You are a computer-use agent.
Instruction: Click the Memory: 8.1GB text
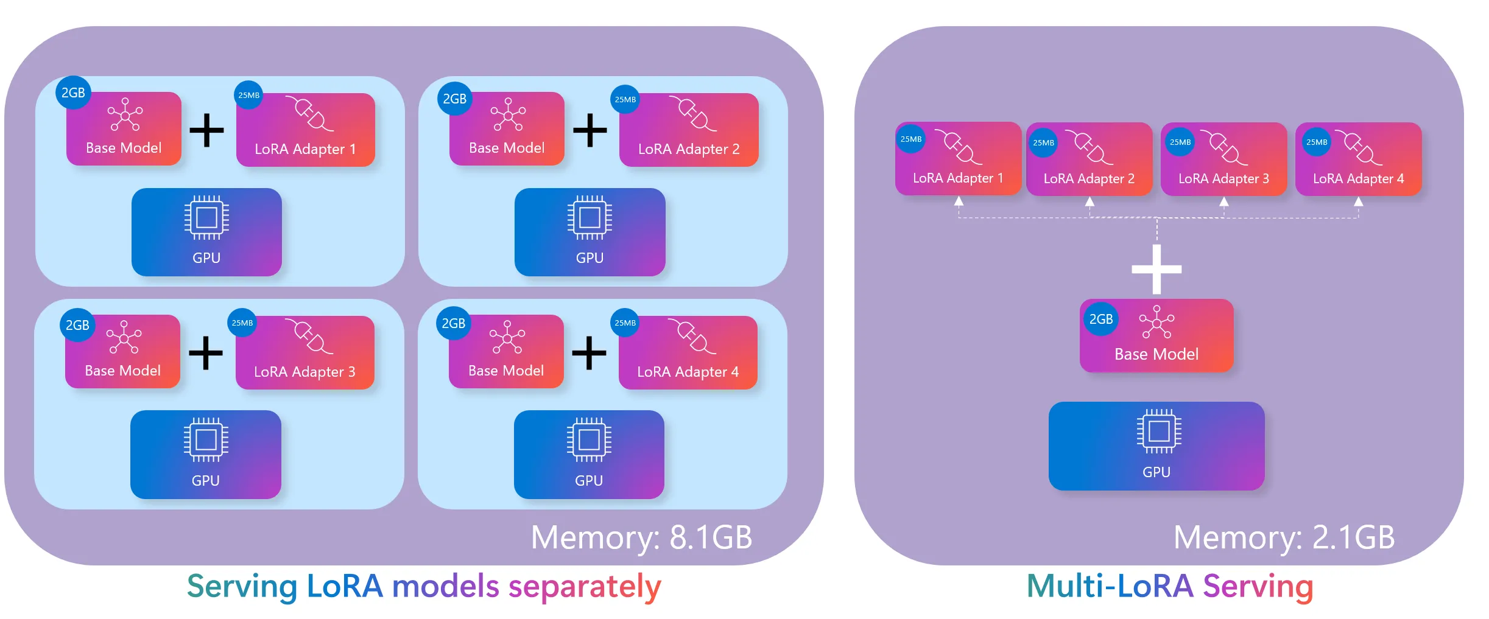641,537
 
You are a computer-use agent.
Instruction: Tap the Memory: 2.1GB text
1284,537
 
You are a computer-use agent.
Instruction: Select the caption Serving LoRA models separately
424,587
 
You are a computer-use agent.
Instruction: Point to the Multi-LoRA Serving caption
1170,587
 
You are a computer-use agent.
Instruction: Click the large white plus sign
1156,269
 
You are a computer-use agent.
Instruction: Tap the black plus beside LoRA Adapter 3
206,353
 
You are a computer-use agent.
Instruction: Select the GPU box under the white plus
1156,446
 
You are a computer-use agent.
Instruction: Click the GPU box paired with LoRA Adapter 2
590,232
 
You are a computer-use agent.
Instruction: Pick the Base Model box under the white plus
1156,335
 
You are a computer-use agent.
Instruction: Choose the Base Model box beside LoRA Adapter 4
506,351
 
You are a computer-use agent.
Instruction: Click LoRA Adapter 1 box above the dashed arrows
958,158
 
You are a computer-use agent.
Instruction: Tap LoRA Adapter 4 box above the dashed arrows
1358,159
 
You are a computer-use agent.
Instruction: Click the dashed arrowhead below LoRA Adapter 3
1223,201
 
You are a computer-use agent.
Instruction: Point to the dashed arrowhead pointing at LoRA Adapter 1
959,201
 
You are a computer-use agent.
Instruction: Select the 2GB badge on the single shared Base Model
1101,319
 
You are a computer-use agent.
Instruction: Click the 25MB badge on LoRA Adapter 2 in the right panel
1043,143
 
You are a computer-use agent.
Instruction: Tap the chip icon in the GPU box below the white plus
1159,432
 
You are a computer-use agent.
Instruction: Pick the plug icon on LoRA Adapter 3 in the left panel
310,336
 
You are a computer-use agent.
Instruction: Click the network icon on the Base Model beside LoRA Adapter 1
125,114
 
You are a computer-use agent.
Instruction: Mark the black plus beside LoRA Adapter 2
590,130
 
